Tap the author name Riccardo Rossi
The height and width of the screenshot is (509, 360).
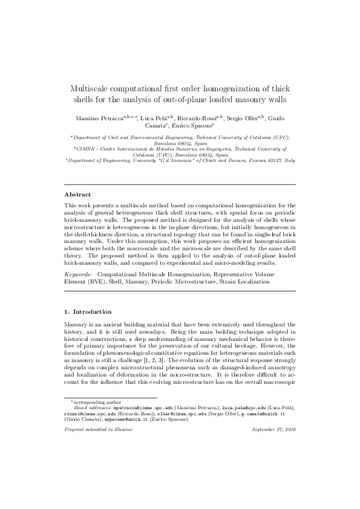click(199, 115)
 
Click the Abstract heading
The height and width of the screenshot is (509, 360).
click(77, 195)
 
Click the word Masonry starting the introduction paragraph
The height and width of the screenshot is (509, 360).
click(77, 325)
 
